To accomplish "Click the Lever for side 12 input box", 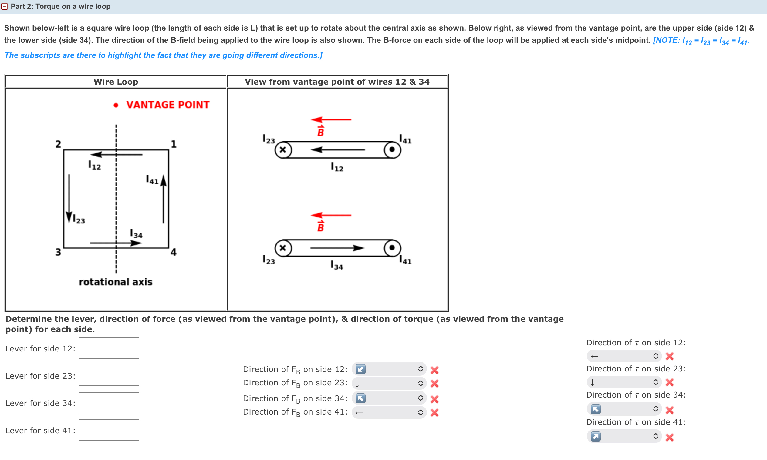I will (x=109, y=348).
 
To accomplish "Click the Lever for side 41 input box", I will (x=109, y=430).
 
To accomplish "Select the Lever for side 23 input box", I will (x=109, y=375).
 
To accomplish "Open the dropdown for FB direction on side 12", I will (x=389, y=369).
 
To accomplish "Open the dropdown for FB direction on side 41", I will (x=389, y=412).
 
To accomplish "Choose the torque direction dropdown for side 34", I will (x=624, y=409).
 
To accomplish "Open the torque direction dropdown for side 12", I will (x=624, y=356).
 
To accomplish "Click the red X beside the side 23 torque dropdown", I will (x=670, y=382).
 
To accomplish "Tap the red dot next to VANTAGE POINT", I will (x=116, y=106).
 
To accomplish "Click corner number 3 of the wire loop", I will (x=58, y=252).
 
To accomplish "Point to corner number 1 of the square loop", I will (x=173, y=144).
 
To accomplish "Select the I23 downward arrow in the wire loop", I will (x=69, y=198).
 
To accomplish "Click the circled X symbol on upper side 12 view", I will (x=283, y=150).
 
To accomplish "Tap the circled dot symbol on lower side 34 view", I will (x=392, y=248).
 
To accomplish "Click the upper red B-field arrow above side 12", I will (x=331, y=119).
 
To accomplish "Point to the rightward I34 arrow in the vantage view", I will (x=337, y=248).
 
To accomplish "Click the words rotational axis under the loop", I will (x=116, y=282).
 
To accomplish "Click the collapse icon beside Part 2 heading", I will (x=4, y=6).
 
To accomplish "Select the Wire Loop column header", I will (x=116, y=82).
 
